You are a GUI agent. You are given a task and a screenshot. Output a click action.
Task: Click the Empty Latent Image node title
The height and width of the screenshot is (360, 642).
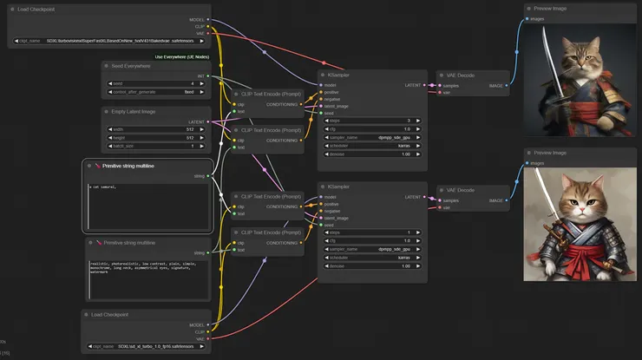134,110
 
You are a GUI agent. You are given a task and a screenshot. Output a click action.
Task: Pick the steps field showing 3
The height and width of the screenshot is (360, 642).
373,121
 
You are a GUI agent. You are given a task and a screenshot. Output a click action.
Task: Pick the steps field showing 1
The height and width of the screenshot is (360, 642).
373,232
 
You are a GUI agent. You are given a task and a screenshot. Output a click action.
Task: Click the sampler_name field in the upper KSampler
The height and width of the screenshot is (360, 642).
373,137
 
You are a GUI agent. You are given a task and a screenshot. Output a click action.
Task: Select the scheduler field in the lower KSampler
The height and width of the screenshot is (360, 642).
373,257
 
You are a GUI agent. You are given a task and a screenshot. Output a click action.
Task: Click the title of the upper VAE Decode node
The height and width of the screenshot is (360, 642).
460,75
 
